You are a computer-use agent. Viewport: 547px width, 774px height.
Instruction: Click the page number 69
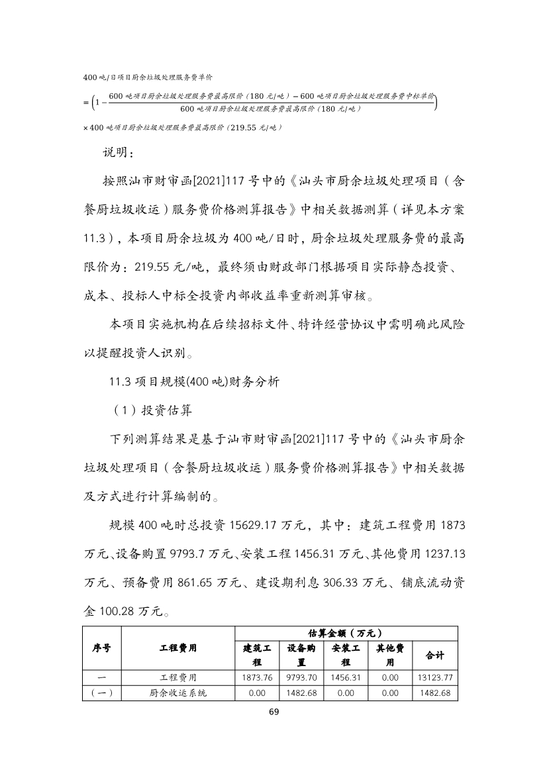click(273, 712)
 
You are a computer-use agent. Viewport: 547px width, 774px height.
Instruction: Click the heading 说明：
click(117, 153)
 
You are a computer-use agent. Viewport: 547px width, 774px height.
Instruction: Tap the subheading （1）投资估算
click(151, 411)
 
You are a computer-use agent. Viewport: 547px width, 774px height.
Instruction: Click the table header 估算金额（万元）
click(346, 633)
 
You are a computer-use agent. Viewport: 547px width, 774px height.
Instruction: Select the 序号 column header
click(101, 648)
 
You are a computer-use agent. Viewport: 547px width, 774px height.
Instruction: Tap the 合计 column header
click(434, 655)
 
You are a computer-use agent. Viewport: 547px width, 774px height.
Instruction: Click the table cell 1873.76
click(257, 677)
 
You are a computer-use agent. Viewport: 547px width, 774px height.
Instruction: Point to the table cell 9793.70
click(301, 677)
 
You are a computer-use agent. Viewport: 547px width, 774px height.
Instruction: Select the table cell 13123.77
click(434, 677)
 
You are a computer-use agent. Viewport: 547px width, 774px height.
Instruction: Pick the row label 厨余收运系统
click(178, 693)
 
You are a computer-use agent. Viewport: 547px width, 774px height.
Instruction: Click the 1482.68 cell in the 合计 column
click(434, 693)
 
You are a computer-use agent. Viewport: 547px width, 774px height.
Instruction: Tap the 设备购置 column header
click(301, 655)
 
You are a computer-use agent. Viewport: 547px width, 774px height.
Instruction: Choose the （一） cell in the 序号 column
click(101, 693)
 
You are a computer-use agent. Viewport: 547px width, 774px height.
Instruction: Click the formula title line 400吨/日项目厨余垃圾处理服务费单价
click(147, 78)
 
